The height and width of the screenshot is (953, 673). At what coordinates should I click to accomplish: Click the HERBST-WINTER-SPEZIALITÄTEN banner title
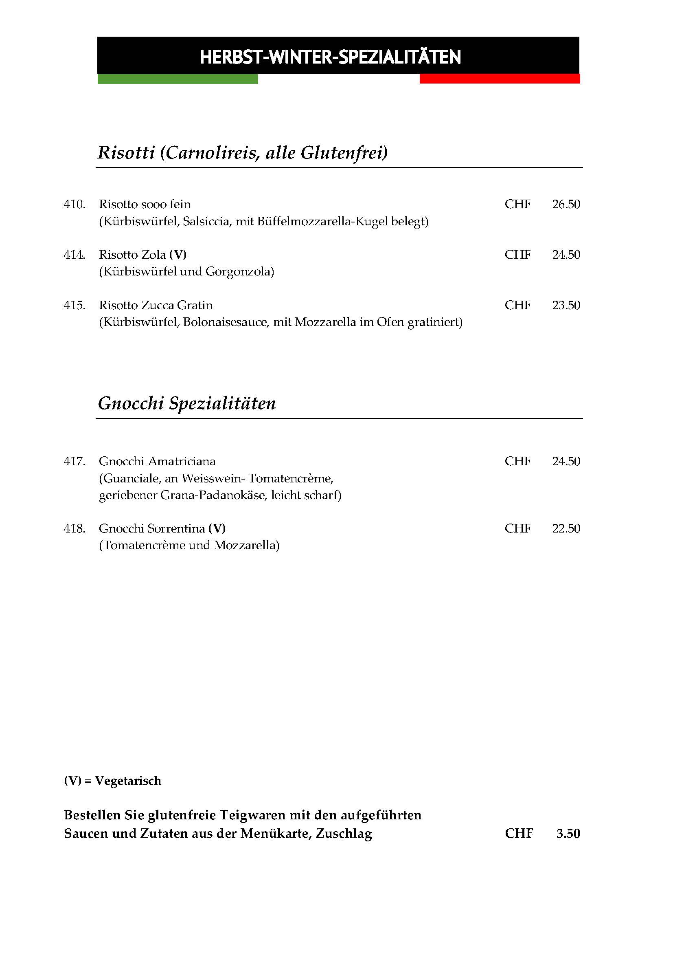[330, 57]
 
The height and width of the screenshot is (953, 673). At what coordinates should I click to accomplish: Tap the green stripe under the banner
[178, 79]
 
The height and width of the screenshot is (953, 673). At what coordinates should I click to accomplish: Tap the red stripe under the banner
[499, 79]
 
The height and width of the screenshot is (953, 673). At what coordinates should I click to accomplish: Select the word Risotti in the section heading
[126, 153]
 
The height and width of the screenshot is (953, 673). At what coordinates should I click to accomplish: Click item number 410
[75, 204]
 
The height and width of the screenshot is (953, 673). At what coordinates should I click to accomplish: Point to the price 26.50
[566, 204]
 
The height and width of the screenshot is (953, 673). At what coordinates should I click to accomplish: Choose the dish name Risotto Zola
[132, 254]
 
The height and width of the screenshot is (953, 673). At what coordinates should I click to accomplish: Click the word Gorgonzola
[239, 272]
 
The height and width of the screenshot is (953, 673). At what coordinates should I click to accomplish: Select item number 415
[75, 306]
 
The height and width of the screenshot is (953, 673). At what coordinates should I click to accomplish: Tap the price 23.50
[566, 306]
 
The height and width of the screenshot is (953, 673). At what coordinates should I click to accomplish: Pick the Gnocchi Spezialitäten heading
[186, 403]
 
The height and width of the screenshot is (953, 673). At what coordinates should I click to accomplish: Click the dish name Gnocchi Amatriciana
[157, 462]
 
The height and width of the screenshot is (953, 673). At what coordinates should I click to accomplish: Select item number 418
[75, 529]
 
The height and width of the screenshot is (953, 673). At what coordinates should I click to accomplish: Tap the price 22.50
[566, 529]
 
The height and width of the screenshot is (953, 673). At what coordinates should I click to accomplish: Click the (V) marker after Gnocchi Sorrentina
[217, 529]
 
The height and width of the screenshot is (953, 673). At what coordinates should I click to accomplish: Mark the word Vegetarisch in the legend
[128, 781]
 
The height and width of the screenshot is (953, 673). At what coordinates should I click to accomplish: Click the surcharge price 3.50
[568, 834]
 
